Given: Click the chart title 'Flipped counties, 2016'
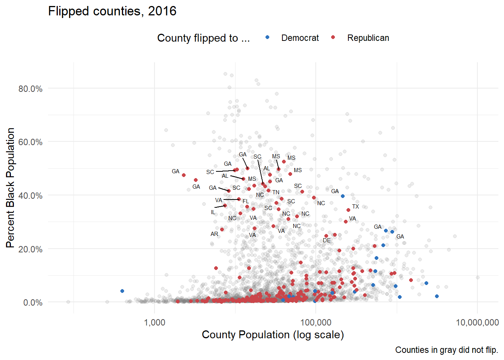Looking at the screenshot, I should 112,11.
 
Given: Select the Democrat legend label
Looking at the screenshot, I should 300,38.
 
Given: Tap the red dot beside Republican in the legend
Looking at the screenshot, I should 333,37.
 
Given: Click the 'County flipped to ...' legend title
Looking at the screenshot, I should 203,38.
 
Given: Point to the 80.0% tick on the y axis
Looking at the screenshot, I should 30,89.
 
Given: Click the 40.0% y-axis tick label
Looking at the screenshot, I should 30,196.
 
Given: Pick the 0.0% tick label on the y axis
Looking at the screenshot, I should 33,303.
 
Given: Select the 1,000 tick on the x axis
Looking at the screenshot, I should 154,322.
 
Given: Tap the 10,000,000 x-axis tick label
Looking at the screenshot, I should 477,322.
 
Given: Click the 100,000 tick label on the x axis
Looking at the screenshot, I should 316,322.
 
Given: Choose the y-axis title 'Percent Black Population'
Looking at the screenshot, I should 10,187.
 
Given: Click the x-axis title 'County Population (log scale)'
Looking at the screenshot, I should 273,334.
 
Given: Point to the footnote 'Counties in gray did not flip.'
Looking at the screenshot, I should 446,350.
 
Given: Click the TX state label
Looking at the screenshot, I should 355,207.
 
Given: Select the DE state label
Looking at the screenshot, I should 327,240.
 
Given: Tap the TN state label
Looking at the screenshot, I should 276,192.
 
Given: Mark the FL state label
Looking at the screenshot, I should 246,201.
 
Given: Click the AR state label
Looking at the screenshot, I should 214,234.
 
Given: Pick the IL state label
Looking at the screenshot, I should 213,212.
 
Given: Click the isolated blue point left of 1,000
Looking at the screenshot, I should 122,291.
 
